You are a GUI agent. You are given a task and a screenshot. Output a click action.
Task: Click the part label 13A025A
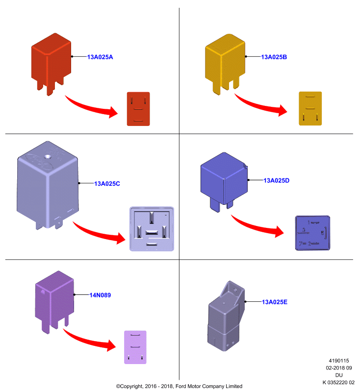click(100, 57)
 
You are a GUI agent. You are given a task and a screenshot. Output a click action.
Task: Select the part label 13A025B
click(274, 57)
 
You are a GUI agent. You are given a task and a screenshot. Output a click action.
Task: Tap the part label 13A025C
click(107, 184)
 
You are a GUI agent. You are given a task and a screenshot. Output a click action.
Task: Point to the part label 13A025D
click(277, 180)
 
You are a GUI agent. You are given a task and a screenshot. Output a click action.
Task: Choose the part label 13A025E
click(275, 302)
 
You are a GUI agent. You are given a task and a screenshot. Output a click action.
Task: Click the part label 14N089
click(100, 295)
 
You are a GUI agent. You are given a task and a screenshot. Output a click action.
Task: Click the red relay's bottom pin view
click(138, 109)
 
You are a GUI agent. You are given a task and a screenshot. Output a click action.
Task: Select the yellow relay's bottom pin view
click(310, 108)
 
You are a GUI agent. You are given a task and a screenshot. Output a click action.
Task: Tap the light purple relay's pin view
click(135, 347)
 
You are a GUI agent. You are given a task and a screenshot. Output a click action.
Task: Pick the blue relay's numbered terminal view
click(312, 233)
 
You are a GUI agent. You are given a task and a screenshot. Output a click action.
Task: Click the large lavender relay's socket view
click(152, 229)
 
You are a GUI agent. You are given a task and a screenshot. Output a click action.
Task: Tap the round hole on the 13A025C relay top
click(47, 157)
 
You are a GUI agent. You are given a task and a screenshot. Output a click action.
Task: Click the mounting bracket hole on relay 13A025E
click(235, 290)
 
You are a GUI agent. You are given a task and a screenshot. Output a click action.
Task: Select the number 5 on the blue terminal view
click(322, 233)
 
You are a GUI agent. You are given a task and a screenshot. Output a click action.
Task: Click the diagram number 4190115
click(339, 361)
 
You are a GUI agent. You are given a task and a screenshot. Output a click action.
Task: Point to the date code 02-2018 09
click(339, 368)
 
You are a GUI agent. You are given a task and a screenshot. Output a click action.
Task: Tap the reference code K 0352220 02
click(338, 383)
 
